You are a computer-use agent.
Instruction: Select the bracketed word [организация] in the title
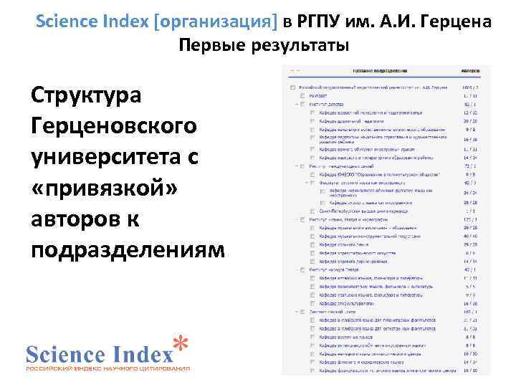pyautogui.click(x=215, y=21)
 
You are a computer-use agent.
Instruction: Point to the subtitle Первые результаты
pyautogui.click(x=264, y=47)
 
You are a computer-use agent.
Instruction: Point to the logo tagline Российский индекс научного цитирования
pyautogui.click(x=107, y=368)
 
